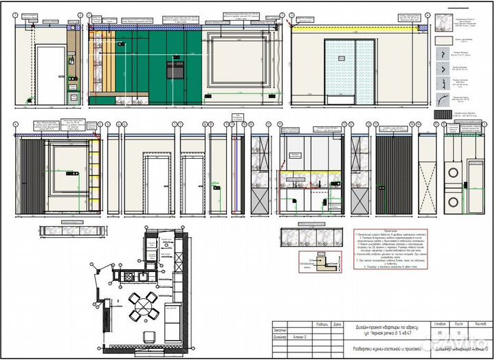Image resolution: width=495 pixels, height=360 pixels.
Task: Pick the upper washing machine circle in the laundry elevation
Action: (x=455, y=173)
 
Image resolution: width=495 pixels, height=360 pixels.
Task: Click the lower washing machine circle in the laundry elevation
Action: (x=455, y=202)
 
